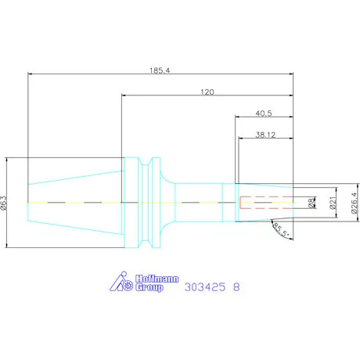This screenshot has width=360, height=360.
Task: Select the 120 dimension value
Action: (207, 92)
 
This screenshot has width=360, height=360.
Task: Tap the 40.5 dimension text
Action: (265, 113)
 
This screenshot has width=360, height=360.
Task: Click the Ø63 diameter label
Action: (5, 203)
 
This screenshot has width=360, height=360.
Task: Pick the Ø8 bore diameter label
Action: (311, 203)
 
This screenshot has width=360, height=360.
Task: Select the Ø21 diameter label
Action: (332, 203)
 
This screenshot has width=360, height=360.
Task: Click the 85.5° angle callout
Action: (280, 230)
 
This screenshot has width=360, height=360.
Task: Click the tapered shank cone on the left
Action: (75, 203)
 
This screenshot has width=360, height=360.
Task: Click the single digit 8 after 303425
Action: (237, 287)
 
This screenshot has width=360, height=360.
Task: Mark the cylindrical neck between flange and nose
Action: (199, 203)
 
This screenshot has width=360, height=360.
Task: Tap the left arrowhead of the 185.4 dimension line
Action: (30, 74)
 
